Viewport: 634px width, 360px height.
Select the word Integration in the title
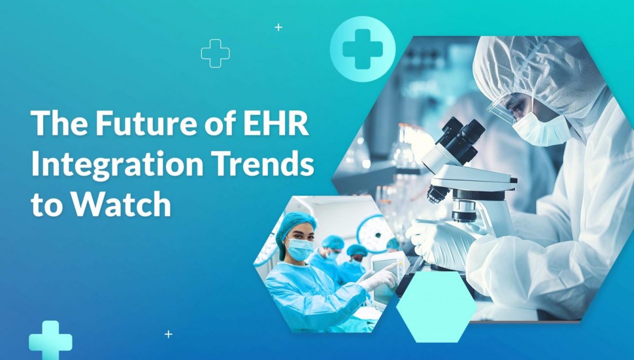tap(117, 165)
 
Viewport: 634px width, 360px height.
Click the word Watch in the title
tap(121, 204)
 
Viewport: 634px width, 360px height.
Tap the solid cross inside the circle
tap(362, 49)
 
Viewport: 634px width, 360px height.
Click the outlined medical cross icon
tap(216, 53)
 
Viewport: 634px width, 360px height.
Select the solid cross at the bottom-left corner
tap(50, 340)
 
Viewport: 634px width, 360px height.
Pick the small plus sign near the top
tap(278, 27)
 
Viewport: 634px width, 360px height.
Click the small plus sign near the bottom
tap(169, 334)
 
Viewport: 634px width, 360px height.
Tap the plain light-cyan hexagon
tap(436, 307)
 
